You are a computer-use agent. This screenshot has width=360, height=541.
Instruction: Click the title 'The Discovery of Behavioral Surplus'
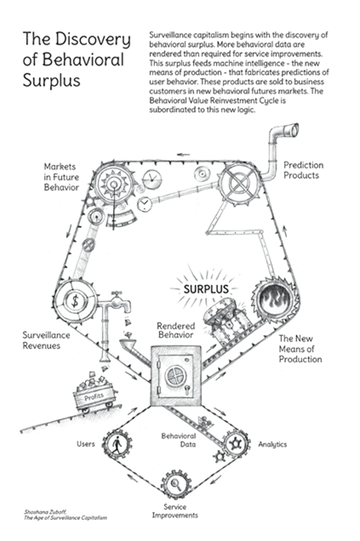pyautogui.click(x=76, y=59)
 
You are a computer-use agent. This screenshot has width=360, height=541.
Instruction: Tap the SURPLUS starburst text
pyautogui.click(x=206, y=289)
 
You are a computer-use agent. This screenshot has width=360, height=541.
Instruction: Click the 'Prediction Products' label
pyautogui.click(x=303, y=170)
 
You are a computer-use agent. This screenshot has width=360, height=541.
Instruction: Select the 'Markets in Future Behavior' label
pyautogui.click(x=61, y=177)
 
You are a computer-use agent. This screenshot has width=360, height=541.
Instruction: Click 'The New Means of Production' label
pyautogui.click(x=300, y=349)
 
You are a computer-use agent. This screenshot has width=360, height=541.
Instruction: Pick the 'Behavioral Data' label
pyautogui.click(x=178, y=440)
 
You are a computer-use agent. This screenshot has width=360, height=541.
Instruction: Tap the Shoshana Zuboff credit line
pyautogui.click(x=65, y=515)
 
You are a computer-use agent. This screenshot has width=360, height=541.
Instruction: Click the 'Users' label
pyautogui.click(x=86, y=444)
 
